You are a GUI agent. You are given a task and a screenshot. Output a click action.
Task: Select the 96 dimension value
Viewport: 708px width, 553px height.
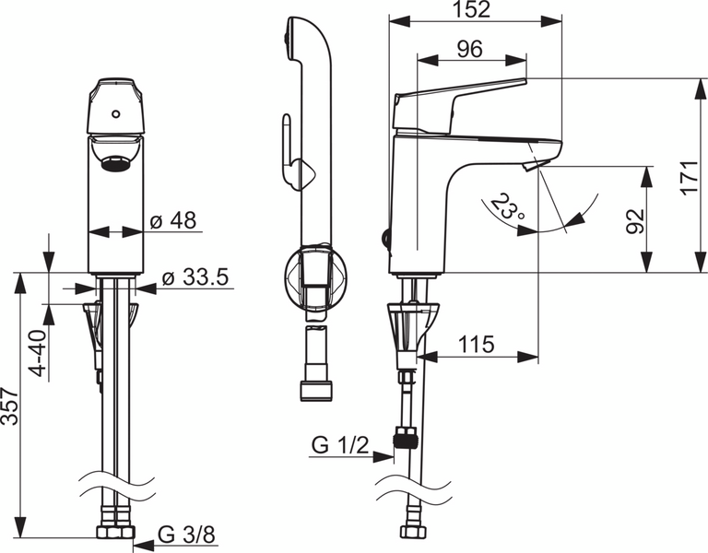(x=469, y=50)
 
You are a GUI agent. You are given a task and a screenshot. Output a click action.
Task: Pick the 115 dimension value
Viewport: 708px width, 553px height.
(x=476, y=345)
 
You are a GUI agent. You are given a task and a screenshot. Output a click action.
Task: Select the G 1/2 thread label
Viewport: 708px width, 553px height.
(x=340, y=446)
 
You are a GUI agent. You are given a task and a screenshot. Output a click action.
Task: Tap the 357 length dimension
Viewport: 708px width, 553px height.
(x=10, y=406)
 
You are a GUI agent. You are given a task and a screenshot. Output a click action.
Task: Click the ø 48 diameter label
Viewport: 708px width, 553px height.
(x=173, y=221)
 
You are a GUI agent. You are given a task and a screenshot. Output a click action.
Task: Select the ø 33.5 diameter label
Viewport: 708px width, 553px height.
(x=195, y=276)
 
